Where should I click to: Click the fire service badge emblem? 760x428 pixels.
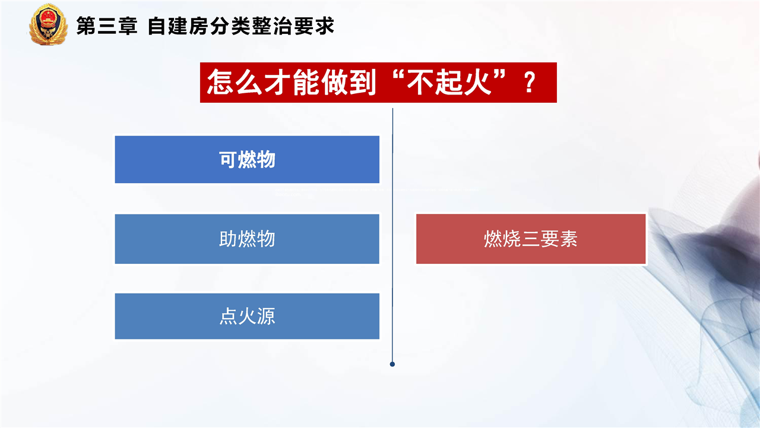(x=48, y=24)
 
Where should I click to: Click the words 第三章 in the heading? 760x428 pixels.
(x=107, y=26)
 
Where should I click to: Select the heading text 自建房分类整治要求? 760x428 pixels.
(x=241, y=26)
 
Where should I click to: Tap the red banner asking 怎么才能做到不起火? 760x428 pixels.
(x=378, y=83)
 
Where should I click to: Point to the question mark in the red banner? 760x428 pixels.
(x=530, y=83)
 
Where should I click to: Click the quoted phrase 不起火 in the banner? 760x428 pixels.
(x=449, y=82)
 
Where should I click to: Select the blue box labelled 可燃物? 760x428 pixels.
(x=247, y=159)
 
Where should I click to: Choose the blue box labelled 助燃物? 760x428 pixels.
(x=247, y=239)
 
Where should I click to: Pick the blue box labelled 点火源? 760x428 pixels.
(x=247, y=316)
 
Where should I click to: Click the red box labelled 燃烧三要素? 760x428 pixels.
(x=531, y=239)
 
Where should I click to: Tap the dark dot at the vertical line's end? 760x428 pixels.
(x=392, y=364)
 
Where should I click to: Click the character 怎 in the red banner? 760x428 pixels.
(x=221, y=82)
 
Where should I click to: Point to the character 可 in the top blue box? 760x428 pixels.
(x=227, y=159)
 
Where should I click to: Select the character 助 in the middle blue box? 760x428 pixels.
(x=227, y=238)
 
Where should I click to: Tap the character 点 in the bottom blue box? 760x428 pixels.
(x=227, y=316)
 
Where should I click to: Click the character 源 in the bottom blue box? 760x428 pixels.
(x=267, y=316)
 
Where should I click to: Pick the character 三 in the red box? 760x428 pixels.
(x=531, y=239)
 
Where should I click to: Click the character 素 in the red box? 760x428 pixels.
(x=568, y=238)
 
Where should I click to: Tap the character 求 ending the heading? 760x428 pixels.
(x=325, y=26)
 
